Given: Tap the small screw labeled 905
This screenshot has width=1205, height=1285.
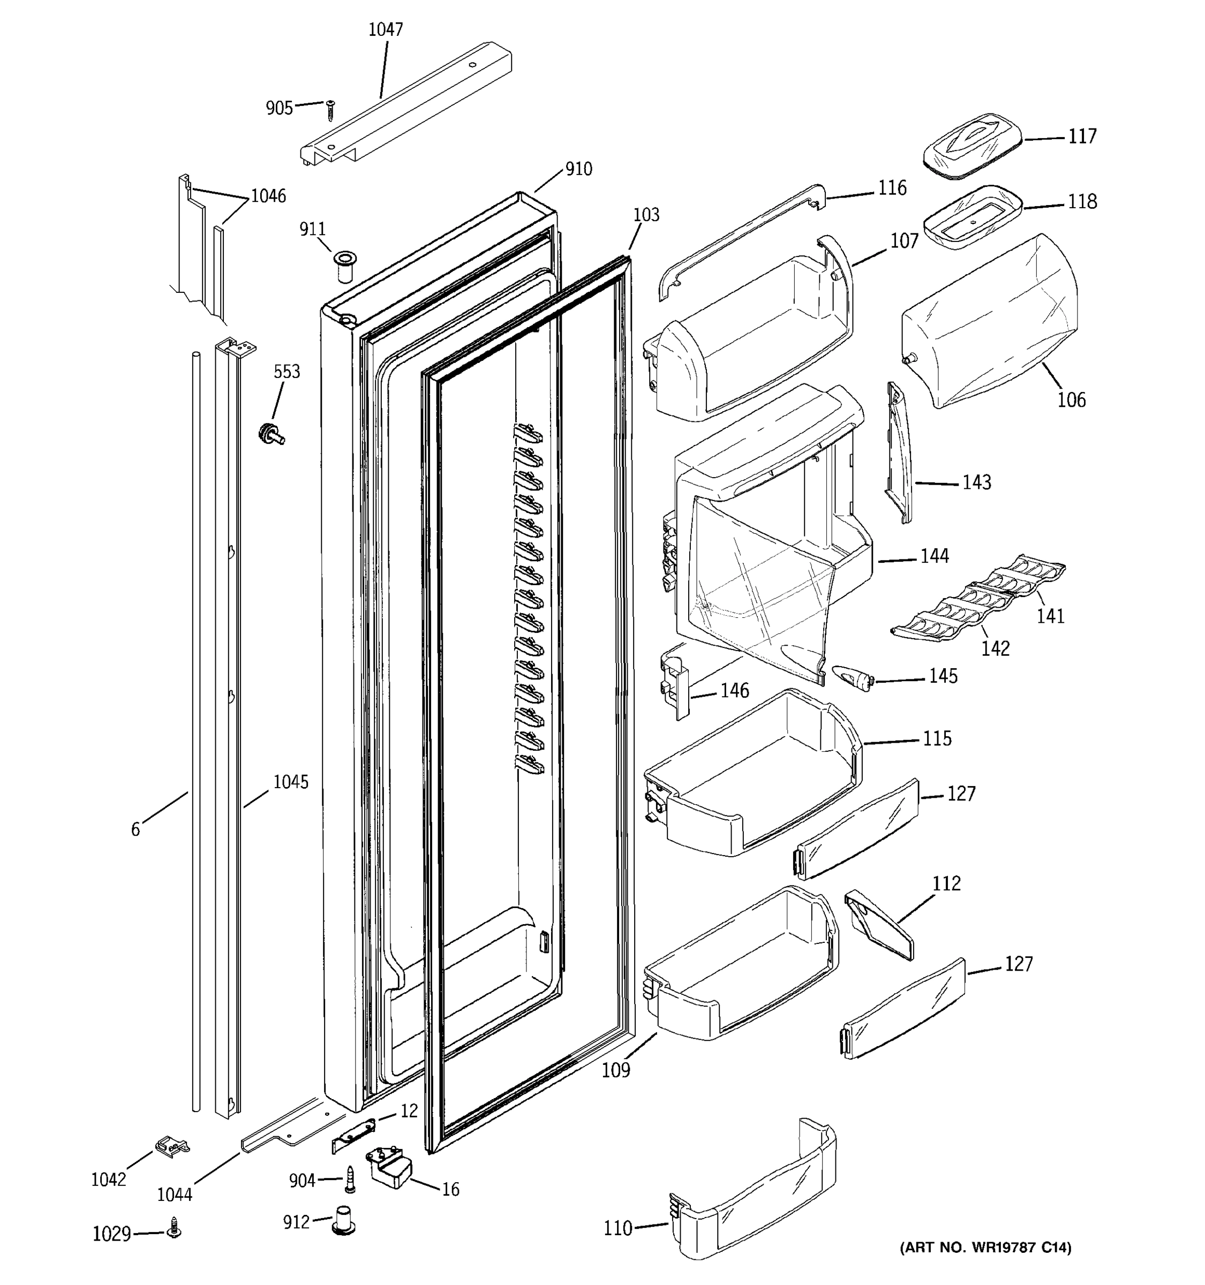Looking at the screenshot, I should click(x=330, y=110).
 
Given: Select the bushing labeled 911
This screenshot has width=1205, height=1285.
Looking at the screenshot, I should click(x=344, y=266).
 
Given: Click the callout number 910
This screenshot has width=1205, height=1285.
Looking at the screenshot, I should click(x=578, y=169).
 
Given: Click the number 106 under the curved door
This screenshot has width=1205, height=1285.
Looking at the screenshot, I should click(x=1071, y=400).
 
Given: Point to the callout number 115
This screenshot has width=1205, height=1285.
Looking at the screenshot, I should click(x=937, y=739).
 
